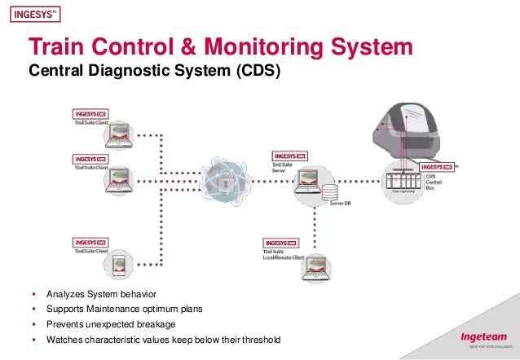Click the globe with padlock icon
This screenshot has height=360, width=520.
click(x=221, y=181)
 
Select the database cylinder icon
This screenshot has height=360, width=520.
click(x=330, y=193)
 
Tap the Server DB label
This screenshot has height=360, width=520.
click(x=341, y=204)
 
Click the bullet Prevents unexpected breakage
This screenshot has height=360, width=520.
click(x=110, y=324)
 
